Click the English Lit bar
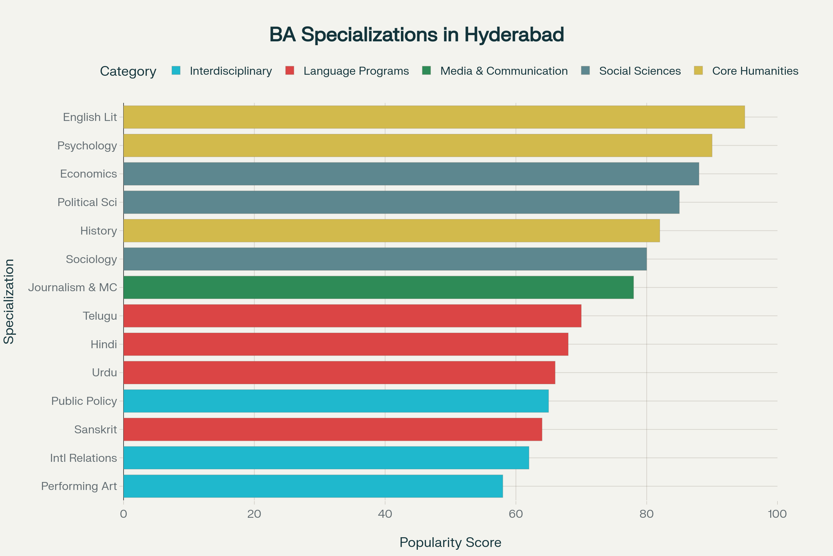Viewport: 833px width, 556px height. pos(434,117)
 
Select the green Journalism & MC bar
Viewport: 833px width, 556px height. pos(378,287)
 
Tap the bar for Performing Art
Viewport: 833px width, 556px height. pos(313,486)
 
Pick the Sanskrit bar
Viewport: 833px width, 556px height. pos(333,430)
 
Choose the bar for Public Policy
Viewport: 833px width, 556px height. pos(336,401)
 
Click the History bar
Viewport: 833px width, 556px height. pos(392,230)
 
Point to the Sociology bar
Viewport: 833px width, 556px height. pos(385,259)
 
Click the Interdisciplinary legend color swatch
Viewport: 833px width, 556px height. pos(176,71)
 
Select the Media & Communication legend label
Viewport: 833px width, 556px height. pos(504,71)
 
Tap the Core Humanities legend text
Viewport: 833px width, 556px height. pos(755,71)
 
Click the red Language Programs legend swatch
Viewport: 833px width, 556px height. pos(290,71)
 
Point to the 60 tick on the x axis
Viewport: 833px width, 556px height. pos(516,514)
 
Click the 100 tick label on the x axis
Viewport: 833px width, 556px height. pos(777,514)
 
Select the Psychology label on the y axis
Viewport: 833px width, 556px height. pos(87,146)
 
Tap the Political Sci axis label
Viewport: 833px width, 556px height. pos(87,203)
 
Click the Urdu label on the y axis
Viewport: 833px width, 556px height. pos(104,373)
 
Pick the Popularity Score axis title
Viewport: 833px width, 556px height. pos(450,542)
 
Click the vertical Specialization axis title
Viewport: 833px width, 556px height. pos(9,301)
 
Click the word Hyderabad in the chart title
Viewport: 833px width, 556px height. pos(514,35)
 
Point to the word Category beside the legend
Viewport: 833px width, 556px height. pos(128,71)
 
